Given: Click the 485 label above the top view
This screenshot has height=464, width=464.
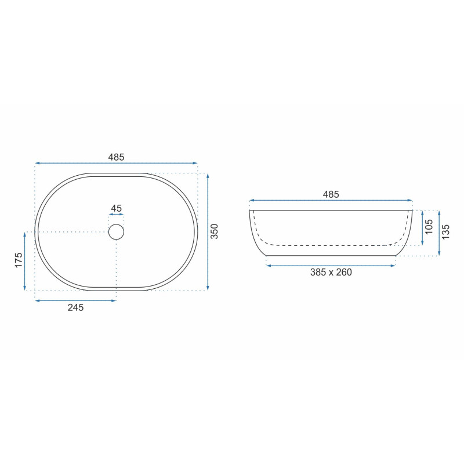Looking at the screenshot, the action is coord(116,157).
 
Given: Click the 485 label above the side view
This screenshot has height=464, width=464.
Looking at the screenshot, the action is coord(331,194).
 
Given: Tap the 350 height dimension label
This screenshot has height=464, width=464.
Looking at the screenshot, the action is coord(214,231).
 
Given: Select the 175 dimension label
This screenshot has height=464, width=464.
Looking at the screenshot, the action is coord(19,260).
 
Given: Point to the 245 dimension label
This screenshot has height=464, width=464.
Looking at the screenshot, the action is coord(76,307).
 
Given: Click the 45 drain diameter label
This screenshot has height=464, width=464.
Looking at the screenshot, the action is coord(116,208).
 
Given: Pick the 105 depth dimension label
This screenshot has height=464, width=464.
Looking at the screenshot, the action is coord(429,226).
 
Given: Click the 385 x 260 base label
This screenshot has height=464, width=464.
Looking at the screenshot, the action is coord(331,272).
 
